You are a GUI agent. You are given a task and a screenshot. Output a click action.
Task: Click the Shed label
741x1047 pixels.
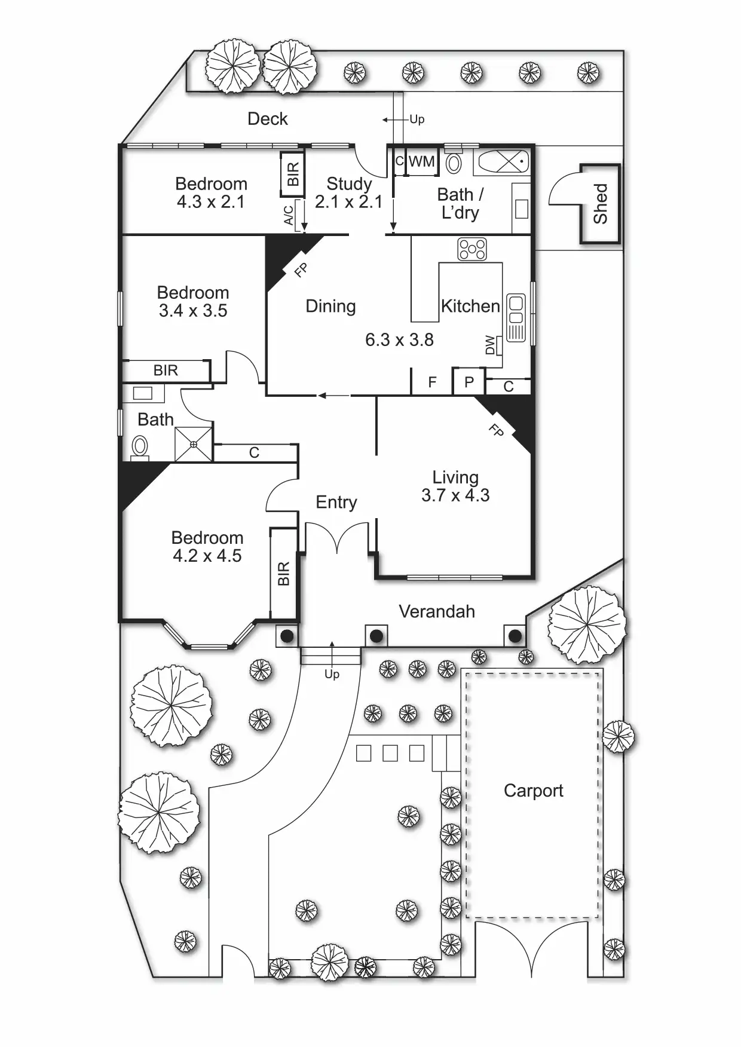point(600,204)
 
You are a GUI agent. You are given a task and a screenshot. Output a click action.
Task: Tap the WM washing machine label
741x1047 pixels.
point(421,161)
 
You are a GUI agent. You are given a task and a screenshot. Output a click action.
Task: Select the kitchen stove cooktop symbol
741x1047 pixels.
point(472,249)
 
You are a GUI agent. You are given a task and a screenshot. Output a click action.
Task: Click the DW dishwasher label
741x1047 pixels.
point(491,345)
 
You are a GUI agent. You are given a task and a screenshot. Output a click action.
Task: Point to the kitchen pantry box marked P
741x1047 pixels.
point(469,382)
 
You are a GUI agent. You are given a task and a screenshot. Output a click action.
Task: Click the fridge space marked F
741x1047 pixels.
point(432,382)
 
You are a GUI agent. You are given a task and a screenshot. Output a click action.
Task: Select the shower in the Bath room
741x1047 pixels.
point(194,444)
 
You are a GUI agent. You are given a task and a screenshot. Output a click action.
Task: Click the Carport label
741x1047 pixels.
point(533,791)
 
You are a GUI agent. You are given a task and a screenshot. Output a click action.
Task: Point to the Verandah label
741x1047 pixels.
point(437,611)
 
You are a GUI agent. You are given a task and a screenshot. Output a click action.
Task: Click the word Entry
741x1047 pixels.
point(336,502)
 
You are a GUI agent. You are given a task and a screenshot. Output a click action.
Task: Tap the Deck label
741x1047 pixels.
point(267,119)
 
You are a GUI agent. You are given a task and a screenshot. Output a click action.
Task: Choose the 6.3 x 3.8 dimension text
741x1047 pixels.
point(399,339)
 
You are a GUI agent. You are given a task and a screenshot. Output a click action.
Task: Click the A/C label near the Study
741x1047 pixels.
point(289,215)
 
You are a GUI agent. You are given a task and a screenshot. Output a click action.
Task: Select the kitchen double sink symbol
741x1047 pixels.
point(515,317)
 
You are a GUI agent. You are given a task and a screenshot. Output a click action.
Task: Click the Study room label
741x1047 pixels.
point(349,183)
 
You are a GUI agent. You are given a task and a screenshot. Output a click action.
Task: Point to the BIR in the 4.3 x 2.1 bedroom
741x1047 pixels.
point(293,173)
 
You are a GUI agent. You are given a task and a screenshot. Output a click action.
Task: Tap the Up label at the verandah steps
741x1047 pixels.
point(332,674)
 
